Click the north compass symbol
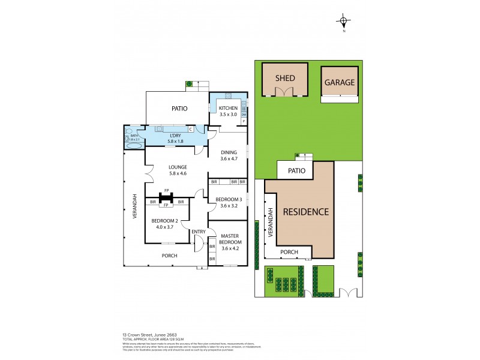tap(343, 22)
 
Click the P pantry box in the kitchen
tap(244, 121)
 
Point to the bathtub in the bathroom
tap(133, 145)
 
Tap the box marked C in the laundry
tap(190, 129)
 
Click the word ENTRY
tap(199, 232)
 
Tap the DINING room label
tap(228, 152)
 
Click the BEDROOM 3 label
tap(228, 199)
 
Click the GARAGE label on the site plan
tap(340, 82)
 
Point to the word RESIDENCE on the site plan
tap(305, 211)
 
